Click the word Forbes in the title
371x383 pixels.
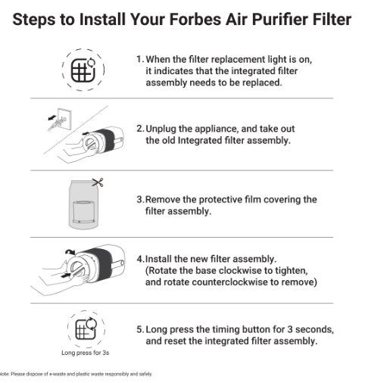(x=195, y=19)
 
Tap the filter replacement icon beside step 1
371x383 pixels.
(x=83, y=70)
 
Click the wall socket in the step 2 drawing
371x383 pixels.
(x=64, y=119)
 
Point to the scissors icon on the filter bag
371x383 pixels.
(x=98, y=182)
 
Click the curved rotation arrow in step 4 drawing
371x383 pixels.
(x=70, y=252)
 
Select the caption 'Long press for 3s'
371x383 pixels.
(x=86, y=353)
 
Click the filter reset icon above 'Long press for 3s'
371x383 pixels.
(x=86, y=329)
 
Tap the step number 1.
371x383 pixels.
(x=140, y=59)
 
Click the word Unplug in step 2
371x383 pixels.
(x=161, y=129)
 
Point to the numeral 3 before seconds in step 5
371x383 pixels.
(x=290, y=329)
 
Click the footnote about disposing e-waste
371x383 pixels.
(x=76, y=374)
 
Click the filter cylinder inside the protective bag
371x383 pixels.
(x=83, y=212)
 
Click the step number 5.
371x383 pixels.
(x=140, y=329)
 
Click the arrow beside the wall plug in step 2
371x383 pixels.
(x=52, y=117)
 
